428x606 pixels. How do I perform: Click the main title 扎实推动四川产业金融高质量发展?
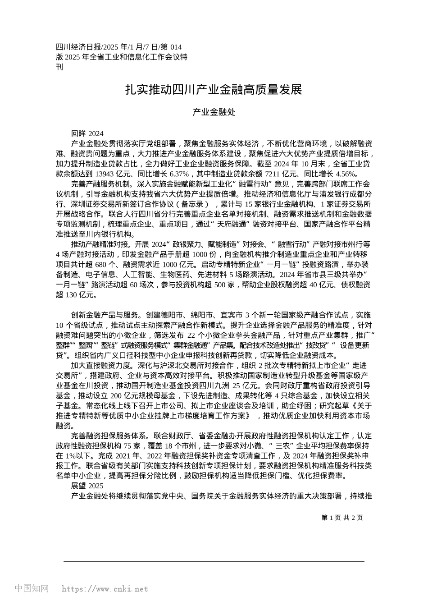point(214,90)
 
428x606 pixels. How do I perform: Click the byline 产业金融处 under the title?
point(214,112)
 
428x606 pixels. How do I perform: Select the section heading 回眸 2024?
point(87,133)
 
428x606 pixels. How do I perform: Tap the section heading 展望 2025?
point(87,486)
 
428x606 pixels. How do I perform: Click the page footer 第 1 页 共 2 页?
point(342,518)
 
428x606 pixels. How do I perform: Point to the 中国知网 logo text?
point(32,588)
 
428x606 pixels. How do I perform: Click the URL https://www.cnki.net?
point(105,589)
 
